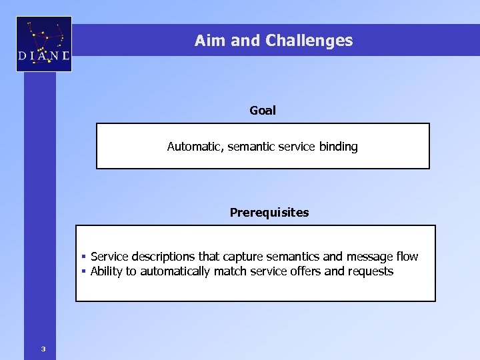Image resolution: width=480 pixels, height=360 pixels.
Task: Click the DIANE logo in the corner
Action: (x=43, y=44)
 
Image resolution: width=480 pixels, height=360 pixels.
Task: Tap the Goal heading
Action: (x=262, y=111)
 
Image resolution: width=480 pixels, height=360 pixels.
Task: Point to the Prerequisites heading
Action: (x=269, y=213)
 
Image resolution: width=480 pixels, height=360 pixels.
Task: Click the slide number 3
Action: (x=43, y=348)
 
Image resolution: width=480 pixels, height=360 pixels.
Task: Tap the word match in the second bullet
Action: (x=229, y=271)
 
